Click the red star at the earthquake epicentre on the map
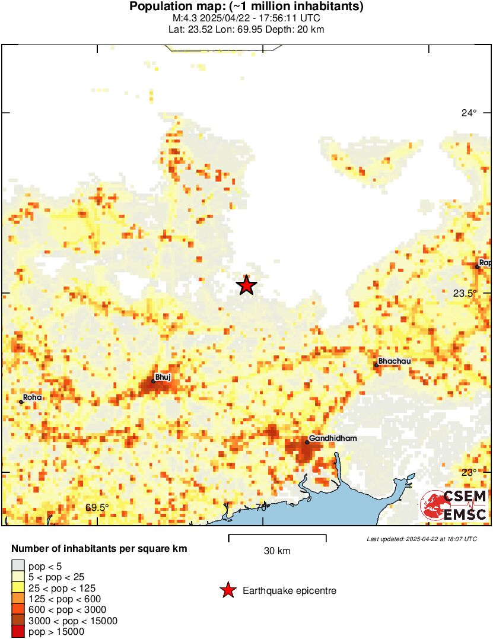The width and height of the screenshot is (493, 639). (x=246, y=285)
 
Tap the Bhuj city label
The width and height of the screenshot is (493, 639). (x=162, y=376)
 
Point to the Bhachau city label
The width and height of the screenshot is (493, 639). (x=395, y=361)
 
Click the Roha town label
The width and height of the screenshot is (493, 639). (x=33, y=397)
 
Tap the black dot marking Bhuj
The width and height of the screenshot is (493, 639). (x=153, y=381)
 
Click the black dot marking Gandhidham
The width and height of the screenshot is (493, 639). (x=307, y=442)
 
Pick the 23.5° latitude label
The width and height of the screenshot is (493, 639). (x=466, y=293)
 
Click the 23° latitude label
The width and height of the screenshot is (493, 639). (x=469, y=473)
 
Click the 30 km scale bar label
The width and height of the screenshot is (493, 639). (x=277, y=551)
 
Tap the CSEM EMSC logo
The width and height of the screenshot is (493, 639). (x=454, y=506)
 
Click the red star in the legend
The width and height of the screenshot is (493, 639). (x=227, y=590)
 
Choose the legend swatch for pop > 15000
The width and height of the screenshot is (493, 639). (x=18, y=632)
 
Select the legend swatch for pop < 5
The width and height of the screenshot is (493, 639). (x=18, y=565)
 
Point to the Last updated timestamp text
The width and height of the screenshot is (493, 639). (x=422, y=539)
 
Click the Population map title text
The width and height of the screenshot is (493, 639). (x=246, y=7)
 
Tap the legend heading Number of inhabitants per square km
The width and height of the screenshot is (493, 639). (x=100, y=549)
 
